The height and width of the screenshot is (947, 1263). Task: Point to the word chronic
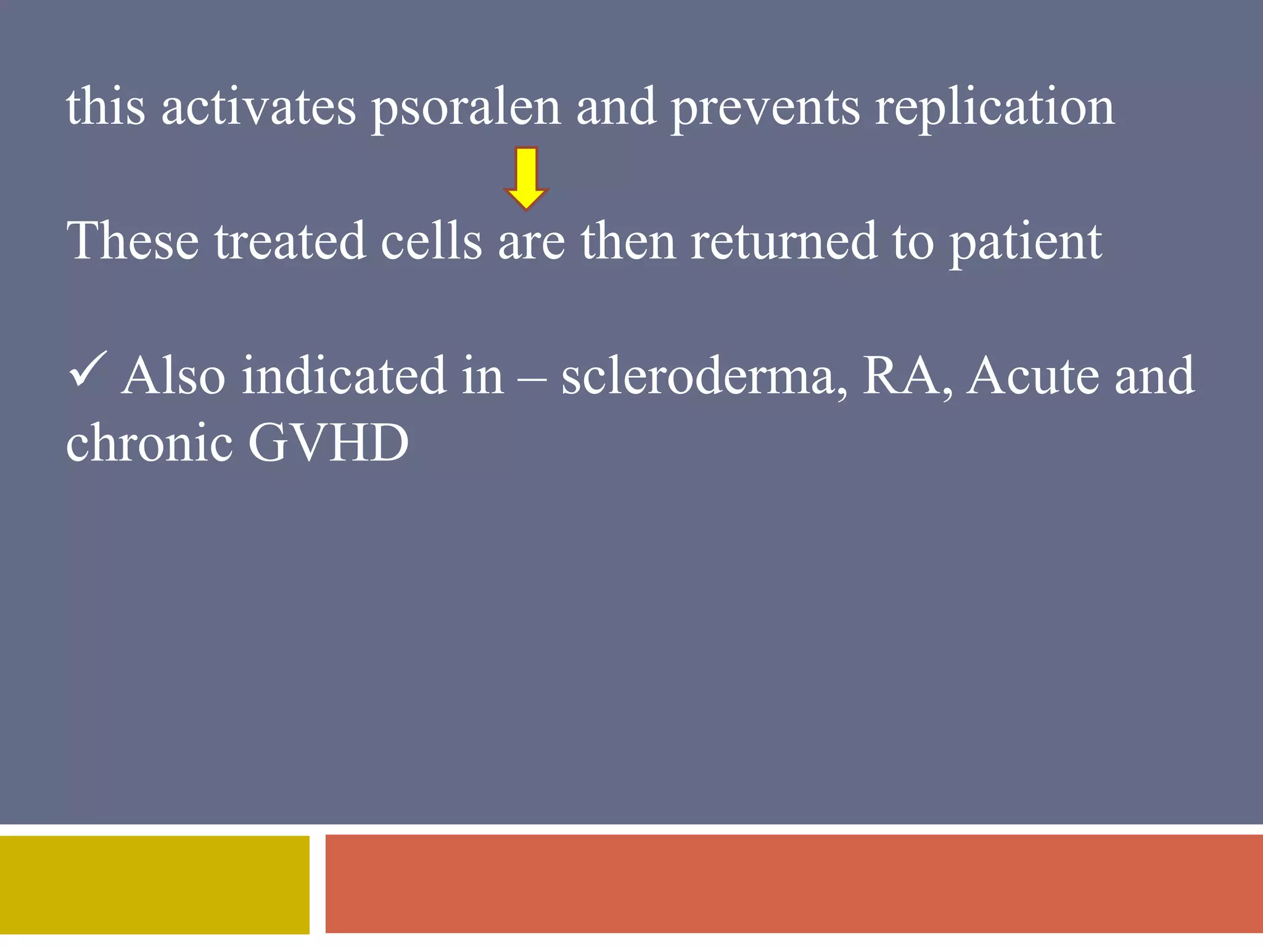[x=149, y=442]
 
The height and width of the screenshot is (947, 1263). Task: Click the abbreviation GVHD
[x=328, y=442]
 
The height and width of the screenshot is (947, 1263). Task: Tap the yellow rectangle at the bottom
[x=154, y=885]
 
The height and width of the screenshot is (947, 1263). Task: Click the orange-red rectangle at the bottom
[x=794, y=883]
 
